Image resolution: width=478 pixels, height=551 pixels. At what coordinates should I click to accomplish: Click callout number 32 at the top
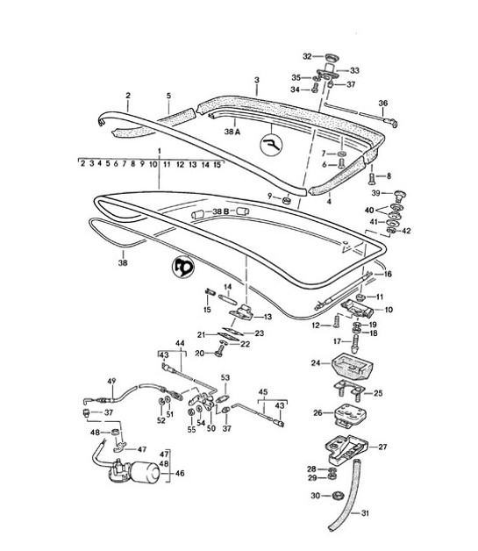[307, 55]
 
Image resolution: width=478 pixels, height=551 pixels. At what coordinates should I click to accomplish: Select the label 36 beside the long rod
[382, 103]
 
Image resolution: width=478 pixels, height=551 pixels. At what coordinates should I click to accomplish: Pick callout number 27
[382, 447]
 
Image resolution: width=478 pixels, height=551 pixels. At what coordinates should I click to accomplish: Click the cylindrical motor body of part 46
[139, 475]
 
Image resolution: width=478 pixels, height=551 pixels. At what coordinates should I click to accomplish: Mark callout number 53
[225, 377]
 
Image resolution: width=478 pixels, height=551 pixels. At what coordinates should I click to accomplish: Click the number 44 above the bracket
[181, 343]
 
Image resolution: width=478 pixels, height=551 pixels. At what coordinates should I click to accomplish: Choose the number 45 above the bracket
[262, 392]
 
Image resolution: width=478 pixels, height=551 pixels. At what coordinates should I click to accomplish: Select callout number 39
[375, 192]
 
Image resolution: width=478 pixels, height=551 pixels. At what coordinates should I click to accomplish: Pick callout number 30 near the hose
[314, 496]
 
